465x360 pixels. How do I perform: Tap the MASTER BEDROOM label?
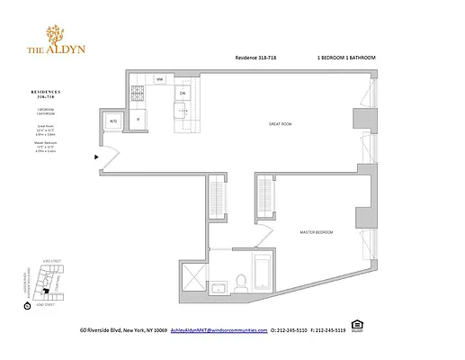pyautogui.click(x=317, y=232)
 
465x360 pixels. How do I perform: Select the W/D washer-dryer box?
pyautogui.click(x=113, y=120)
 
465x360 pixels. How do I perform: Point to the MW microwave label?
pyautogui.click(x=159, y=79)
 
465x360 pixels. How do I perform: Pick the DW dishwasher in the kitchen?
pyautogui.click(x=182, y=94)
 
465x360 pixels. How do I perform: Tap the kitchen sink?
pyautogui.click(x=180, y=112)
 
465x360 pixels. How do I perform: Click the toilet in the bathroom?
pyautogui.click(x=240, y=282)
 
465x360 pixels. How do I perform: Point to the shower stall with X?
pyautogui.click(x=194, y=274)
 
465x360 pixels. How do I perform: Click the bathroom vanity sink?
pyautogui.click(x=218, y=287)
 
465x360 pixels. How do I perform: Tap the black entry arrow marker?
pyautogui.click(x=97, y=157)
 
